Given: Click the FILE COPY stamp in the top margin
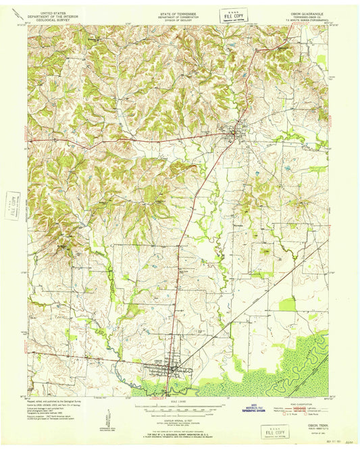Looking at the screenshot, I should click(235, 15).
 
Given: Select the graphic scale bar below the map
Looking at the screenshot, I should click(180, 407).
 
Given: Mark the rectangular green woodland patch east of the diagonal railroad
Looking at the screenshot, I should click(287, 305).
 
